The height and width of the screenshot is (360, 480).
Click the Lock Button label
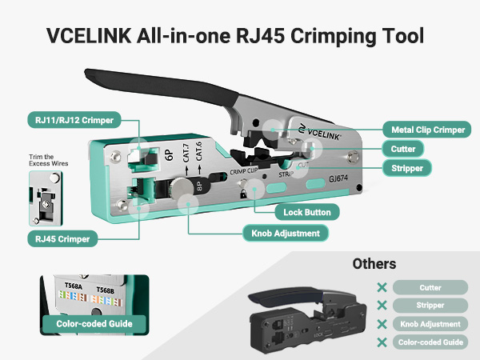[x=307, y=213]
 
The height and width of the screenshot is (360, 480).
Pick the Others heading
[x=374, y=263]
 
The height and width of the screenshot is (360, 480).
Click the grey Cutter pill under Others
[x=430, y=287]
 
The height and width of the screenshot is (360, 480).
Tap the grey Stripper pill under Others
[x=430, y=306]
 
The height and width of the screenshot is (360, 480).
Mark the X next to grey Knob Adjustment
[x=382, y=324]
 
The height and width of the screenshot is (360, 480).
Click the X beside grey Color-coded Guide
[x=382, y=342]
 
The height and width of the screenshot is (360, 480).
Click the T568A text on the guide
[x=75, y=288]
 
